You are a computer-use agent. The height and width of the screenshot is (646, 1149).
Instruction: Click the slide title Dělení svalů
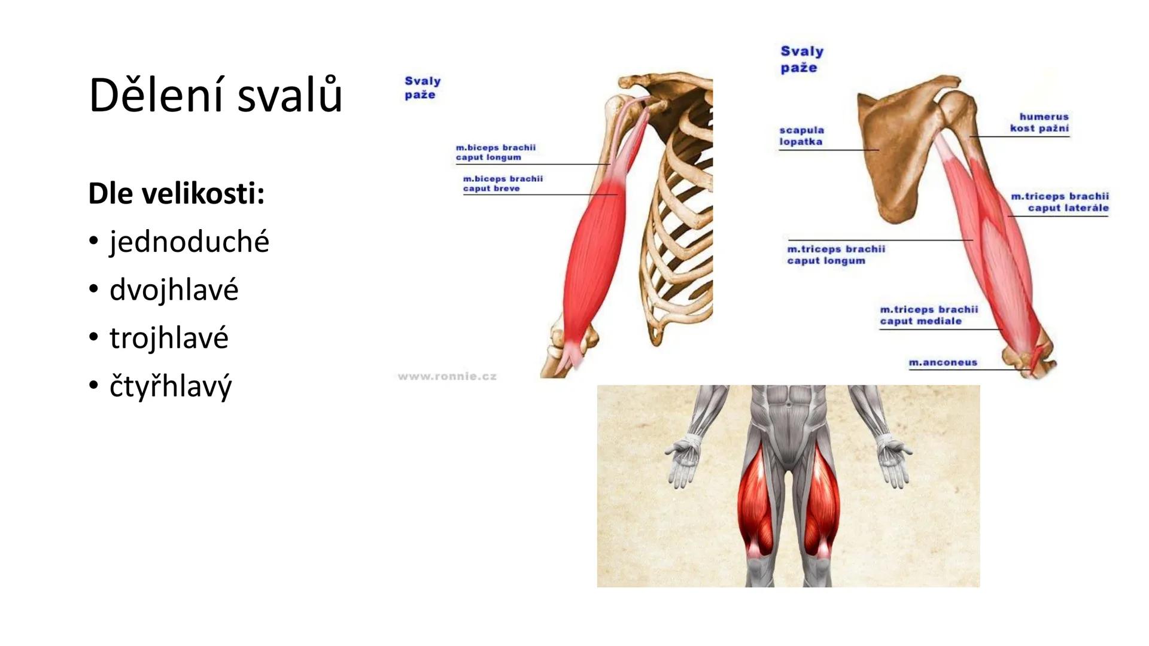[x=215, y=95]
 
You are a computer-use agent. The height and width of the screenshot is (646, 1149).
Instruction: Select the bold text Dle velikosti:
[x=176, y=193]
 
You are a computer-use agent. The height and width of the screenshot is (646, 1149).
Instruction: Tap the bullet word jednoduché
[x=189, y=242]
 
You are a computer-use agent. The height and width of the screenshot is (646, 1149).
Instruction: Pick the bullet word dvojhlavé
[x=174, y=290]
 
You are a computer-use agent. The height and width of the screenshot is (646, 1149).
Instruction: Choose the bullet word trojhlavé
[x=169, y=337]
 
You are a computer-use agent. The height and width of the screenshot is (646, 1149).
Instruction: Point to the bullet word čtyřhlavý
[x=170, y=386]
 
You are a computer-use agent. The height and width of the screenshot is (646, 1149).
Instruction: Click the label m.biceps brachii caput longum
[x=496, y=153]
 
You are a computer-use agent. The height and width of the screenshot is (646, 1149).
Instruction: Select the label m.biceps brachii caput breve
[x=503, y=184]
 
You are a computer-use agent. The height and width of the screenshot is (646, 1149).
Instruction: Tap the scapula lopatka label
[x=801, y=136]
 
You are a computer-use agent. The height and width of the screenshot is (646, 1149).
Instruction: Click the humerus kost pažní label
[x=1039, y=122]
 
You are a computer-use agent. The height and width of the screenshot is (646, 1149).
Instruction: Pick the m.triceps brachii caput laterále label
[x=1060, y=202]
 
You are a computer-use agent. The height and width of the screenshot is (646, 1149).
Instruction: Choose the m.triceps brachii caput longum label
[x=836, y=255]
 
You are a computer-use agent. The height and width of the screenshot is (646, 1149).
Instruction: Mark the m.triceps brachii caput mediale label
[x=929, y=315]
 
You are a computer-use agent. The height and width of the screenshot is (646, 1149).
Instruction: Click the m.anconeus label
[x=943, y=362]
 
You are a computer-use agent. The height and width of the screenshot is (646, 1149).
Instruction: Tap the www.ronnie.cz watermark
[x=447, y=376]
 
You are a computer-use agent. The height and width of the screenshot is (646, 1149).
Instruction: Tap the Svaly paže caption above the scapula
[x=802, y=59]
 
